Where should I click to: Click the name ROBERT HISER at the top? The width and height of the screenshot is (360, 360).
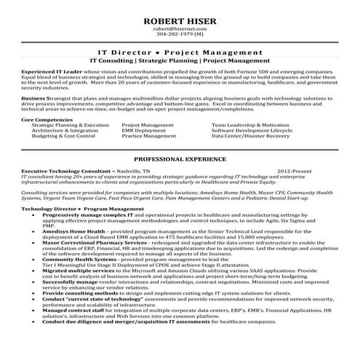point(180,12)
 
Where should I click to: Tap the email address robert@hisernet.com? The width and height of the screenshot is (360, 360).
point(180,25)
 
